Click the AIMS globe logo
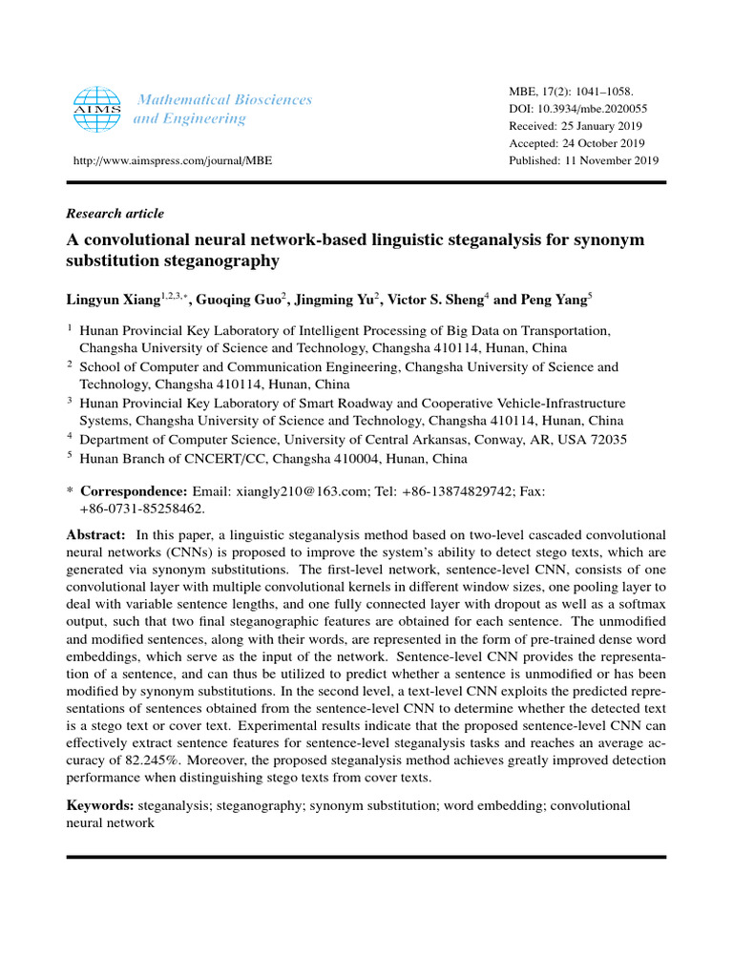point(97,109)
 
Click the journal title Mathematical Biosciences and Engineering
point(224,109)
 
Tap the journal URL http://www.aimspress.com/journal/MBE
point(169,161)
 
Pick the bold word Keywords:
point(100,806)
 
